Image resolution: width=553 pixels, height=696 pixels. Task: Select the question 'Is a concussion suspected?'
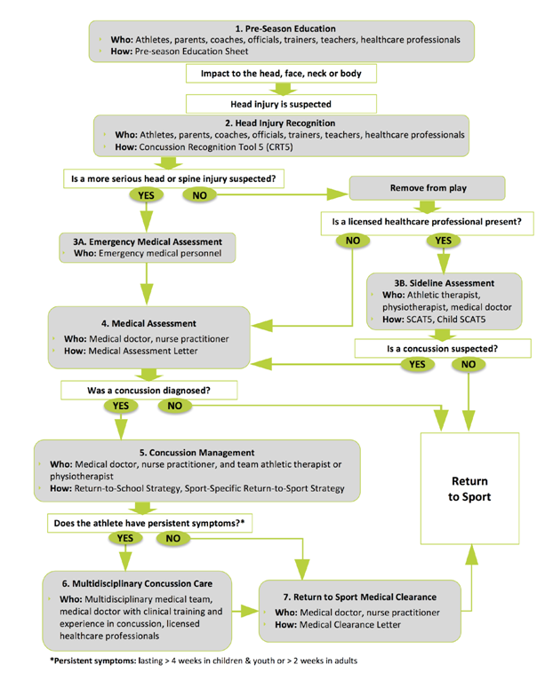pyautogui.click(x=442, y=349)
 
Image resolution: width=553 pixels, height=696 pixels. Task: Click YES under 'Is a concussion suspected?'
pyautogui.click(x=413, y=364)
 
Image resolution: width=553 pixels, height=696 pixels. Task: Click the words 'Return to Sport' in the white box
pyautogui.click(x=469, y=489)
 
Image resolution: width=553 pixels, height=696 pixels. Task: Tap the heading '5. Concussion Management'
pyautogui.click(x=197, y=453)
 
